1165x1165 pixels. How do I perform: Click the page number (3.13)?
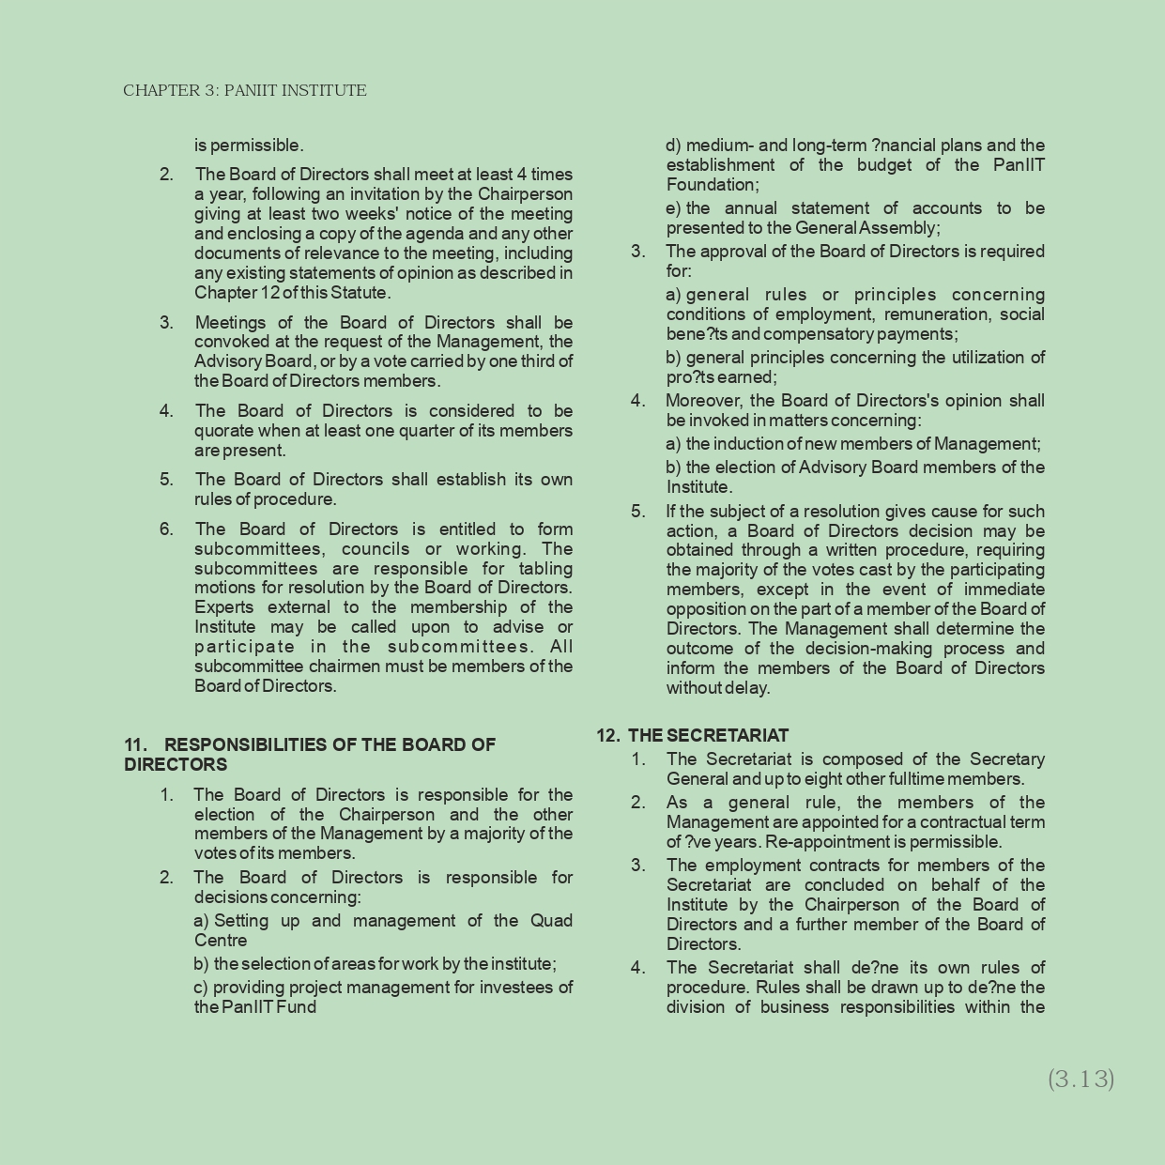(x=1081, y=1079)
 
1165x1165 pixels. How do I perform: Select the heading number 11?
(x=135, y=744)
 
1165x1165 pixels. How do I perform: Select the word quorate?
(x=225, y=431)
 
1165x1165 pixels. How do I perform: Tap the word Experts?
(x=223, y=607)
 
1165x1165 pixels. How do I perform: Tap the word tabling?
(x=545, y=569)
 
